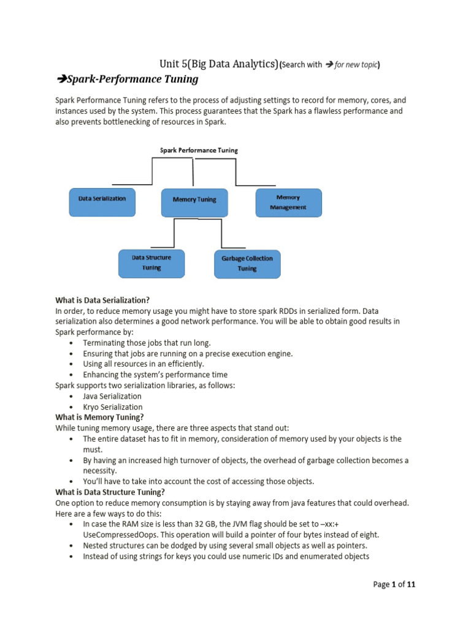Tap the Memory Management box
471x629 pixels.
[x=288, y=202]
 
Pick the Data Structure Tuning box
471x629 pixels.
[x=151, y=262]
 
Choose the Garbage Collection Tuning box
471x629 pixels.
[x=247, y=264]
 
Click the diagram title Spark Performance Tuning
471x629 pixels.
[x=199, y=150]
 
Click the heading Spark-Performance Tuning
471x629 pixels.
[x=132, y=79]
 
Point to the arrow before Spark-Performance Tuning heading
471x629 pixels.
[x=61, y=79]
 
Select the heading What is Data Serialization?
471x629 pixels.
[x=102, y=300]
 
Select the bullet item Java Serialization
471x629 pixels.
[x=112, y=396]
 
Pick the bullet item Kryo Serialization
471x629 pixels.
[x=112, y=407]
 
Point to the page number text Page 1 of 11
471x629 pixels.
[x=394, y=585]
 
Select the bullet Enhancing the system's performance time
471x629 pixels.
[x=155, y=375]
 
